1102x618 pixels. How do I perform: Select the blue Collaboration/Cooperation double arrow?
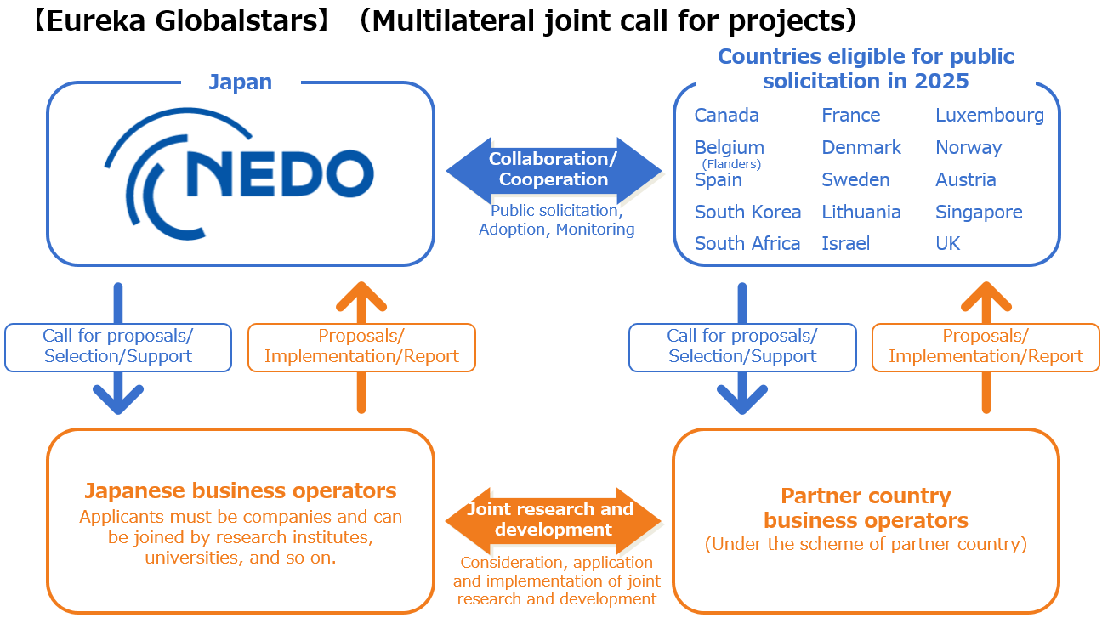click(554, 169)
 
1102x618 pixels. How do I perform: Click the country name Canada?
click(727, 116)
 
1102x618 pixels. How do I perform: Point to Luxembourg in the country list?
click(990, 116)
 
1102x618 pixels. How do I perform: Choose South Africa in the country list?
click(747, 244)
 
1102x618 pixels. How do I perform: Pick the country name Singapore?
click(979, 212)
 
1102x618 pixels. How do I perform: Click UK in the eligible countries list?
click(947, 244)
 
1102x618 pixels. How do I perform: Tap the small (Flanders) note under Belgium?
click(731, 164)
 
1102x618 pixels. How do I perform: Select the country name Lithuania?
click(861, 212)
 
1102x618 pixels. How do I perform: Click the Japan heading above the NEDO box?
click(241, 82)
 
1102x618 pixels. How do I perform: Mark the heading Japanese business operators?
click(241, 490)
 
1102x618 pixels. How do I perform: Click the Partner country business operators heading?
click(866, 507)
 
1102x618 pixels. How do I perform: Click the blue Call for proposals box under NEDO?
click(118, 347)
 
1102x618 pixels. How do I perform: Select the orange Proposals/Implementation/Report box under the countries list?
click(986, 347)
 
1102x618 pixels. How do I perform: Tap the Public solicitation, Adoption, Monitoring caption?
click(556, 219)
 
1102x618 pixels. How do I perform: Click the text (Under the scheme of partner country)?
click(866, 545)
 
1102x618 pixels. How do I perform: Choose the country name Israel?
click(845, 244)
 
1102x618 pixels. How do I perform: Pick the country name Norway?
click(969, 148)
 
